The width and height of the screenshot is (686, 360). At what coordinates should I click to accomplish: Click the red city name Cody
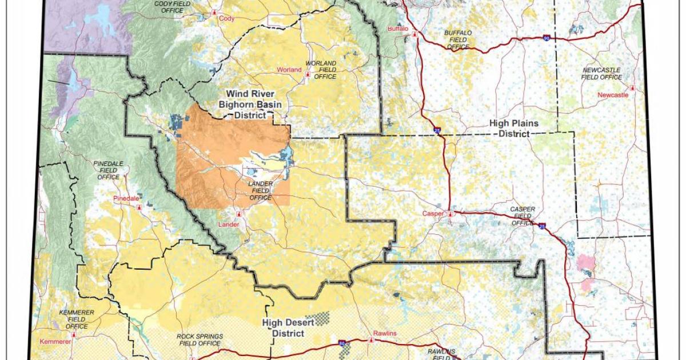point(226,18)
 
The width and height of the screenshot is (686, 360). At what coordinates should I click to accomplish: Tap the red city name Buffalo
point(398,28)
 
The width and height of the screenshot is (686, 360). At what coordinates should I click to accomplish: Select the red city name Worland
point(289,70)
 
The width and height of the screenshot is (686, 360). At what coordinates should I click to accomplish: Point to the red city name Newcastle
point(612,95)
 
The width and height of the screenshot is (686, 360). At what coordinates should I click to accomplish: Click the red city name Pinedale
point(126,198)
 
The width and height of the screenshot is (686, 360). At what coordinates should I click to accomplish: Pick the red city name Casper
point(433,214)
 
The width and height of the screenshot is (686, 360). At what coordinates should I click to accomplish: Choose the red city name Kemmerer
point(55,341)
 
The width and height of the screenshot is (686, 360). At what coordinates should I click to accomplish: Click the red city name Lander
point(229,225)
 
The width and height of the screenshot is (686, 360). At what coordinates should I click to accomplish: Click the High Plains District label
point(513,129)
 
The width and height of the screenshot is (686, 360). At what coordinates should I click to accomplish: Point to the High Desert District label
point(288,328)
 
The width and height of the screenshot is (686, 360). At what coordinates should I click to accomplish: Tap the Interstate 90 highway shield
point(547,38)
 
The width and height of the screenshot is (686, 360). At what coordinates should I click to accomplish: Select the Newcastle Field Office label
point(601,73)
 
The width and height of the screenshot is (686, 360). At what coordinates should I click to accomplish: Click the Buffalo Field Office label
point(458,40)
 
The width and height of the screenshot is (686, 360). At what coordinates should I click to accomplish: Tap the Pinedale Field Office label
point(107,170)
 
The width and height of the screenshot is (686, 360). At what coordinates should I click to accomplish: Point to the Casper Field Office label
point(523,216)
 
